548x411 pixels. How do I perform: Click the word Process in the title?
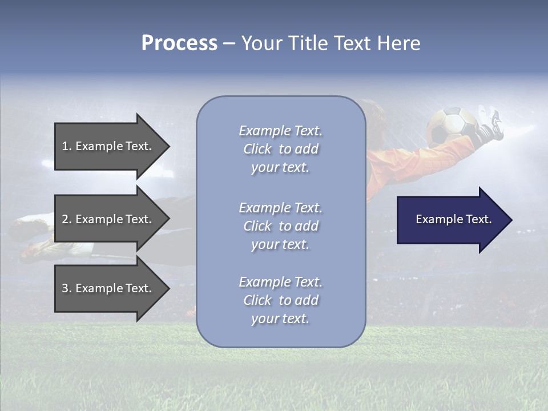[179, 43]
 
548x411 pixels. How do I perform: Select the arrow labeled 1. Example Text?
[108, 146]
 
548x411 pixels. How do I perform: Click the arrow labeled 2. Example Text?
[108, 219]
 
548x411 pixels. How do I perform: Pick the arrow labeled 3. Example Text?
[108, 288]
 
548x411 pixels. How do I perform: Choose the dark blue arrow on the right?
[451, 219]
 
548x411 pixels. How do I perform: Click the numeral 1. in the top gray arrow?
[66, 146]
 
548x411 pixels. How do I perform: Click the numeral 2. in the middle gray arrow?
[66, 219]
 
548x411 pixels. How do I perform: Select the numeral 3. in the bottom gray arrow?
[66, 288]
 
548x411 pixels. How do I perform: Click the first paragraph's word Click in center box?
[257, 149]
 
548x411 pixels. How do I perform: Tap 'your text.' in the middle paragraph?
[280, 244]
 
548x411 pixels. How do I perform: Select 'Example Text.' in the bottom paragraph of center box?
[280, 282]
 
